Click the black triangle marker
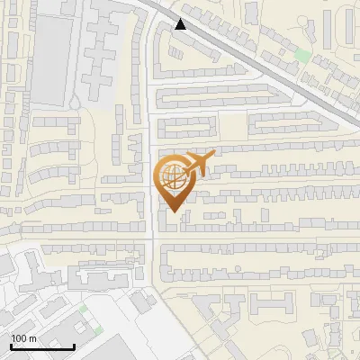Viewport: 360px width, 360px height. coord(182,24)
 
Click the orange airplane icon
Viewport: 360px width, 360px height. coord(199,165)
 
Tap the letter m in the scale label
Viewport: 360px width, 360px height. coord(33,338)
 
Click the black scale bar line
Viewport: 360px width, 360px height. coord(42,346)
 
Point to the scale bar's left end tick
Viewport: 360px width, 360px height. coord(11,345)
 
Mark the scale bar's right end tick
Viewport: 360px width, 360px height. coord(74,345)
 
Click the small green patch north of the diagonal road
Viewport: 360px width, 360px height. coord(303,56)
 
